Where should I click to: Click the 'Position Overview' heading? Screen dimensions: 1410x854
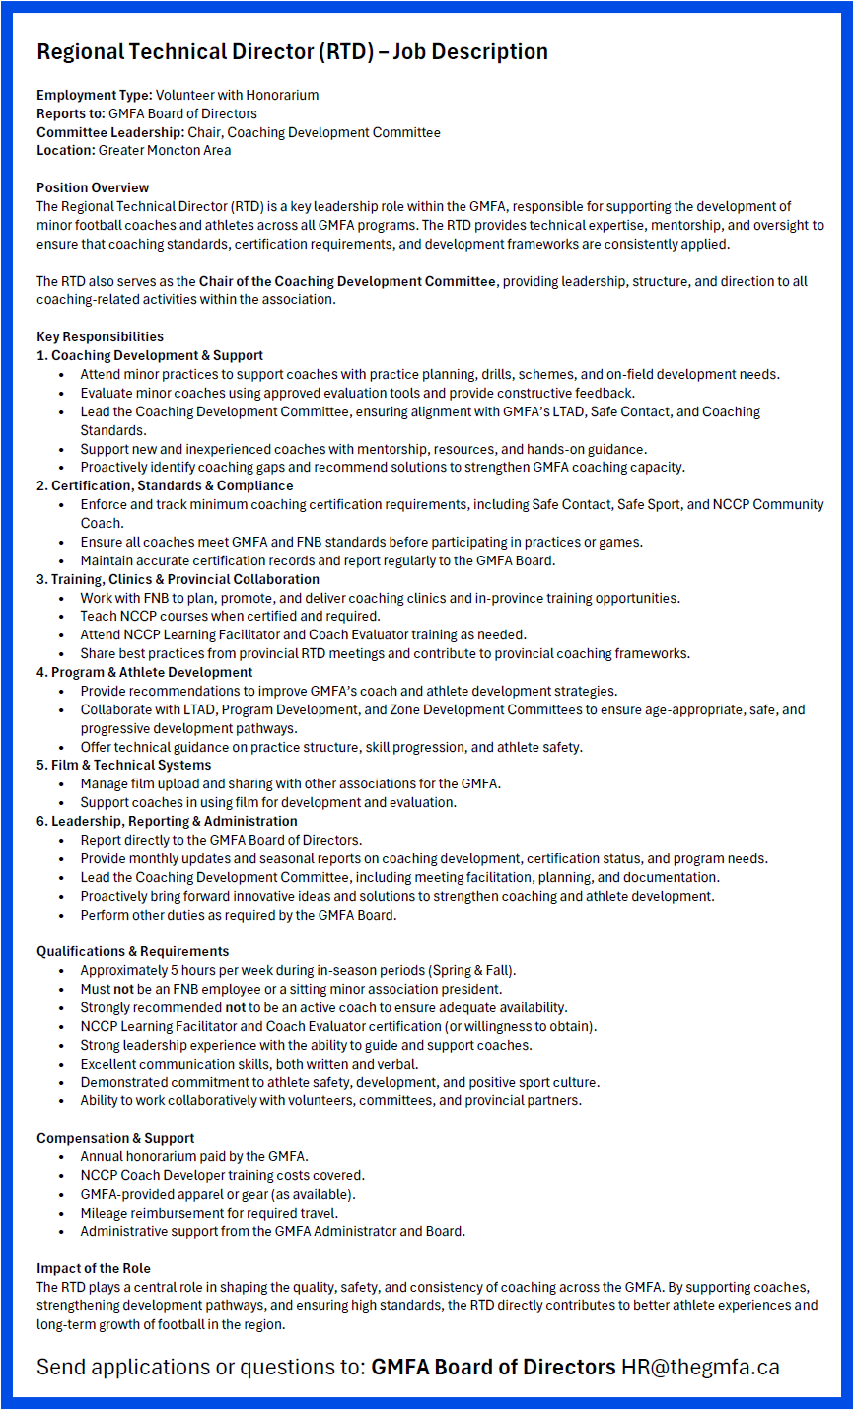point(93,187)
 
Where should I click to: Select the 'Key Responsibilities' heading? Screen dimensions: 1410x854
point(100,336)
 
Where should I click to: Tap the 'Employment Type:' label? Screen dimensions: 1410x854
point(95,95)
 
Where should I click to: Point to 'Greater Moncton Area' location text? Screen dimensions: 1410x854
point(165,150)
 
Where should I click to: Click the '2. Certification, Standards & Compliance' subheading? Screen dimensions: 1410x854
point(165,485)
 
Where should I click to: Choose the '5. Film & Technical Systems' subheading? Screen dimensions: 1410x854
point(123,765)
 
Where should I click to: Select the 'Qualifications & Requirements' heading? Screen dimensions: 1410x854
point(132,951)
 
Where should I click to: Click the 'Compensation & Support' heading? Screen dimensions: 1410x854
point(115,1138)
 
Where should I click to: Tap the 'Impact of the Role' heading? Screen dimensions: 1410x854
point(94,1268)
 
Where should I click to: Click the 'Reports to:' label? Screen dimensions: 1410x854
point(71,113)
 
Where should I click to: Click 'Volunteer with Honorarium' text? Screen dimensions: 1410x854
point(237,95)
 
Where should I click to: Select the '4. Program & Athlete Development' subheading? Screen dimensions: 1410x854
point(144,672)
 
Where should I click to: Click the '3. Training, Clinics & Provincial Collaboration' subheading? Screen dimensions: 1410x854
point(178,579)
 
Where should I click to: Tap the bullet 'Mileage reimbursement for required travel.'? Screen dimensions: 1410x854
point(209,1213)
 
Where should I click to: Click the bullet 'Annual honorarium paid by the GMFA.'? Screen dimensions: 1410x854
point(194,1156)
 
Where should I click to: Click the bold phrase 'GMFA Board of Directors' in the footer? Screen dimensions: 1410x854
point(493,1367)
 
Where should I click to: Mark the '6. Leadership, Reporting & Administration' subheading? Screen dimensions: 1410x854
point(167,821)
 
